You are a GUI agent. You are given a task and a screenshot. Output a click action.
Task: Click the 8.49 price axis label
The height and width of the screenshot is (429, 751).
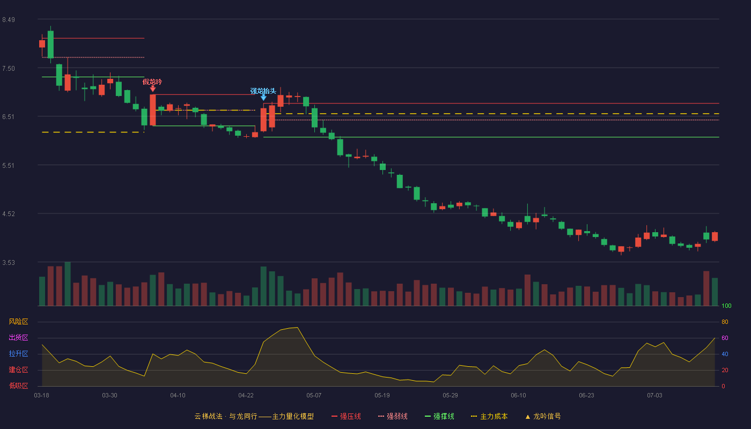click(9, 20)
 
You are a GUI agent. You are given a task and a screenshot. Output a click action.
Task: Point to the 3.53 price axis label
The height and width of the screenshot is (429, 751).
click(9, 262)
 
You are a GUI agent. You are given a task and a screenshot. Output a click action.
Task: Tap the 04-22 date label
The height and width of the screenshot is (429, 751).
click(246, 396)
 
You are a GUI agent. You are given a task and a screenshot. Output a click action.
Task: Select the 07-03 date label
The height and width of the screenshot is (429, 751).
click(654, 396)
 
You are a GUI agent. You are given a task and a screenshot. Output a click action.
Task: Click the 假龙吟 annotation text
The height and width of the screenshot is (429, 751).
click(152, 82)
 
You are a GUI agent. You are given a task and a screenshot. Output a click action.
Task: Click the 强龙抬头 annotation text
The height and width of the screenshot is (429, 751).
click(263, 91)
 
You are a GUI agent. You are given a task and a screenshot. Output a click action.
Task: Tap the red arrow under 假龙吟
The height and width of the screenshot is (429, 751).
click(152, 88)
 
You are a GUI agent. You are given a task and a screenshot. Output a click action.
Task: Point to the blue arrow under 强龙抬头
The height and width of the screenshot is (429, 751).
click(263, 98)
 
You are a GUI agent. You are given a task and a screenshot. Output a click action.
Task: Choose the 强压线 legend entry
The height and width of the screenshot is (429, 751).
click(347, 416)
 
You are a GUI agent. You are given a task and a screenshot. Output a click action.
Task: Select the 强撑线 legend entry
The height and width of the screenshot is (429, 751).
click(439, 416)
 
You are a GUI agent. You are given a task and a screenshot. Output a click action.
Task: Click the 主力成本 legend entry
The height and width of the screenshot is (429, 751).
click(489, 416)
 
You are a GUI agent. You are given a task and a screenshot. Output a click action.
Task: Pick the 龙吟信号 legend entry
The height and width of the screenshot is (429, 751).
click(543, 416)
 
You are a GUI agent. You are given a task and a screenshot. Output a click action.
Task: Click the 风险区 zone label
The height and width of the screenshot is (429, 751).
click(18, 322)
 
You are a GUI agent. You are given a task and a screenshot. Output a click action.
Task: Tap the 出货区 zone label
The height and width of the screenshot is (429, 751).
click(18, 337)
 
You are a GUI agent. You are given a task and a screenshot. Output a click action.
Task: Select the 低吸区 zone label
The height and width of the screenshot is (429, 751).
click(18, 386)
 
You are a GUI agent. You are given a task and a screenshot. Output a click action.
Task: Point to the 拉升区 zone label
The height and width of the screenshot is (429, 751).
click(18, 353)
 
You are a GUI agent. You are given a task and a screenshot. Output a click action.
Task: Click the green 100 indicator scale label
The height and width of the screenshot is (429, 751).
click(726, 306)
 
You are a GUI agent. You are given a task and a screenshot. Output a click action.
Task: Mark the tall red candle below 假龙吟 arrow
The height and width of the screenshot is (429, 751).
click(152, 110)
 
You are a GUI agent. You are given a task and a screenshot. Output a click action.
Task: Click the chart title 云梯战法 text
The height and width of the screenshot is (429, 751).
click(209, 416)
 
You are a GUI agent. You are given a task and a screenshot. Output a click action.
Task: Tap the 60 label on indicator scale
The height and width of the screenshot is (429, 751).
click(725, 338)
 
